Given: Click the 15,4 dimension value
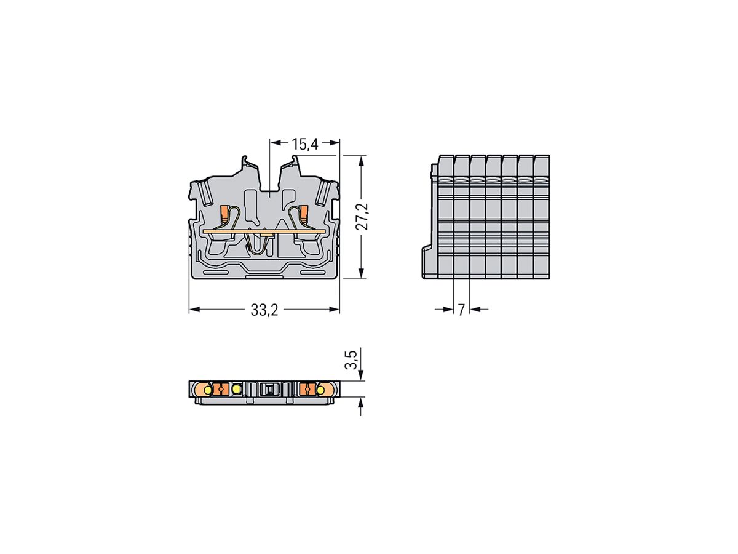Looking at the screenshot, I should point(304,144).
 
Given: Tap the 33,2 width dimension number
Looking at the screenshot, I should point(264,310).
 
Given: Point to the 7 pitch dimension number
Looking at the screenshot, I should point(461,310).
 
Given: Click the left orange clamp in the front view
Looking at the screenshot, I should point(225,214).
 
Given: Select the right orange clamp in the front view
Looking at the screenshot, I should point(303,213).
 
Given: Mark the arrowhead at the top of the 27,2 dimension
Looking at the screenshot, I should point(361,160).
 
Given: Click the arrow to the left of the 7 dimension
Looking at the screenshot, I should point(447,310).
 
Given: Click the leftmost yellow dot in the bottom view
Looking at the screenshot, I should point(208,390).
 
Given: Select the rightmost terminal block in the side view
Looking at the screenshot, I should point(541,215).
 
